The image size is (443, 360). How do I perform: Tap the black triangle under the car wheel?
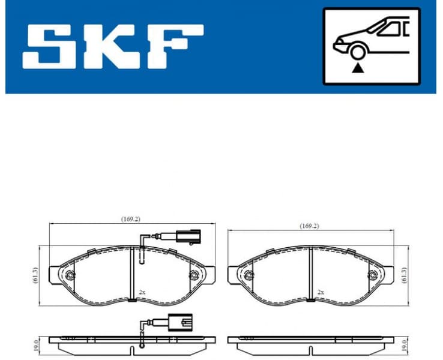pyautogui.click(x=359, y=68)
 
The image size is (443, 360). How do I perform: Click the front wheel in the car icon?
pyautogui.click(x=359, y=53)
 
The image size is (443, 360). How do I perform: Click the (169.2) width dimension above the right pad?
pyautogui.click(x=309, y=226)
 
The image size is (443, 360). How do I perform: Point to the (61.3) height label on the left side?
pyautogui.click(x=35, y=275)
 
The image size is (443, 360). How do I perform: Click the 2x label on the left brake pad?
pyautogui.click(x=142, y=292)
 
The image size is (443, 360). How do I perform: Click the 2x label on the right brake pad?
pyautogui.click(x=321, y=292)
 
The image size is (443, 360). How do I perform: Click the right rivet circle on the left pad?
pyautogui.click(x=193, y=275)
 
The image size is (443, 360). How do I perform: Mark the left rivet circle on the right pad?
pyautogui.click(x=249, y=275)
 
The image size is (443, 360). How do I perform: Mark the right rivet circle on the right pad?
pyautogui.click(x=372, y=275)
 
